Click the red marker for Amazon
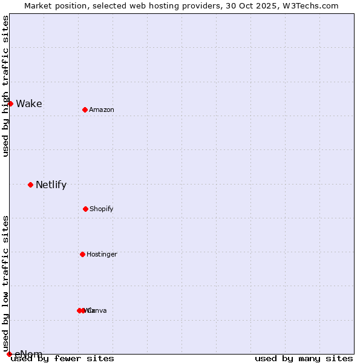tap(85, 110)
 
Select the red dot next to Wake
tap(10, 103)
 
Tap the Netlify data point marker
tap(30, 185)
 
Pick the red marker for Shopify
tap(85, 209)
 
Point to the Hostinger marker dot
tap(82, 254)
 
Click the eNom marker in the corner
tap(9, 354)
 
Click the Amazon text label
tap(102, 110)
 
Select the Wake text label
tap(29, 103)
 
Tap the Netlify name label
tap(51, 185)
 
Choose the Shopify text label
tap(102, 209)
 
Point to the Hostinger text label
tap(102, 254)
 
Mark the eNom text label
tap(28, 354)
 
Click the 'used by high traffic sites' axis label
tap(5, 86)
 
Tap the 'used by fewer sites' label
tap(62, 358)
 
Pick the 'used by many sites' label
tap(304, 358)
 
